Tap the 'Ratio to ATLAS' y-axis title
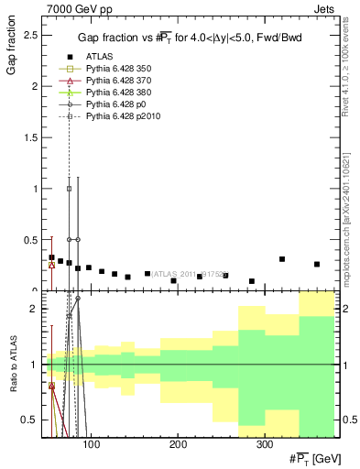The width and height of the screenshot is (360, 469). click(12, 364)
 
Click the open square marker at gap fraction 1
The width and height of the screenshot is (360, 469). click(69, 189)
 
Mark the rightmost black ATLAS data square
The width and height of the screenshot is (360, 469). click(317, 265)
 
